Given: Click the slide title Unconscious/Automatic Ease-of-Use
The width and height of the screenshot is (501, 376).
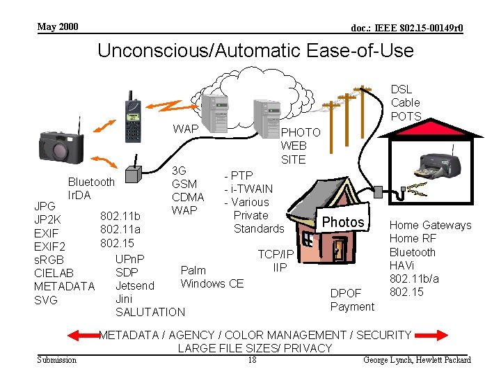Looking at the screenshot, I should tap(255, 51).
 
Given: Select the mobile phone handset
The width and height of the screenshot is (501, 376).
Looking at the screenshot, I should tap(132, 116).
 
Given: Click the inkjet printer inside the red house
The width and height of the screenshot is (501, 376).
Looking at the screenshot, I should tap(438, 163).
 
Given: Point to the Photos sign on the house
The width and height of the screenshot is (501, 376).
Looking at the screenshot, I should tap(343, 222).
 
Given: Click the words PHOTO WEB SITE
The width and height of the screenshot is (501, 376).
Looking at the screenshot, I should tap(300, 146).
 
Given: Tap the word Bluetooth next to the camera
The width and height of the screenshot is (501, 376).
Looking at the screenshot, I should tap(91, 182).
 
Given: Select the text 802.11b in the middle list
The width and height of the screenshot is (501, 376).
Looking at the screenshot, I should tap(120, 216).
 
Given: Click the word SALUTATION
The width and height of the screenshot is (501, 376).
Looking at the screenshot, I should tap(150, 312).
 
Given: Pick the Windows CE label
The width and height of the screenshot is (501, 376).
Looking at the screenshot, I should tap(212, 283).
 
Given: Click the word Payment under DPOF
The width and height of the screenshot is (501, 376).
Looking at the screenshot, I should tap(352, 306).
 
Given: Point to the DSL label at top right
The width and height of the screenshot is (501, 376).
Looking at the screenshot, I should tap(401, 89).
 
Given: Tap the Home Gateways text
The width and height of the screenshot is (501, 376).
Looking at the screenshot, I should tap(430, 225).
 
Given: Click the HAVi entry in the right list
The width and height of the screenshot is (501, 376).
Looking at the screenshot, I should tap(403, 265).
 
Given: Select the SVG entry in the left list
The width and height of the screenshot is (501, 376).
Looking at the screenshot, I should tap(45, 300).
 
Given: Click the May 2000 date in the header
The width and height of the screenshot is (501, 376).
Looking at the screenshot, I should tap(58, 27).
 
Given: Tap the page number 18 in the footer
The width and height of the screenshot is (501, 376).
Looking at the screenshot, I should tap(252, 359).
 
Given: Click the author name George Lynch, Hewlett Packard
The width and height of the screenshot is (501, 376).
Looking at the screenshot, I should tap(417, 360).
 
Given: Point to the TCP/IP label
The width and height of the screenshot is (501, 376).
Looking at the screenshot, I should tap(276, 255).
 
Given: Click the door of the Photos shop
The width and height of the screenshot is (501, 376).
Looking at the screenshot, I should tap(339, 251).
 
